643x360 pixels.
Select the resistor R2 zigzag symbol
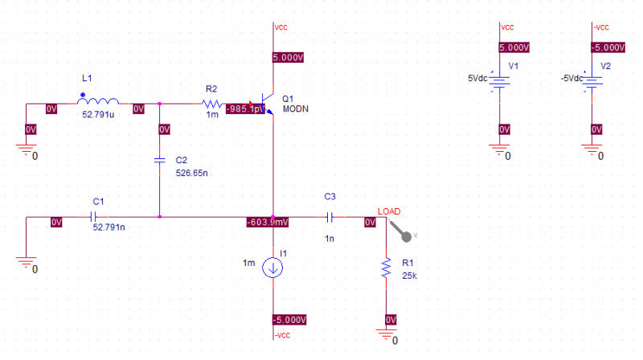pyautogui.click(x=211, y=104)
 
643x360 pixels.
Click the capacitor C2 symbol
pyautogui.click(x=160, y=160)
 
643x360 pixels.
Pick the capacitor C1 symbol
pyautogui.click(x=95, y=216)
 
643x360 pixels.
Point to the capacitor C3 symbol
pyautogui.click(x=330, y=216)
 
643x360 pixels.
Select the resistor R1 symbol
pyautogui.click(x=387, y=268)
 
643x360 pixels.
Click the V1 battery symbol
pyautogui.click(x=501, y=81)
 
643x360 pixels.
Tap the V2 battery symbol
pyautogui.click(x=592, y=81)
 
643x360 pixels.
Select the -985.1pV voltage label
pyautogui.click(x=245, y=108)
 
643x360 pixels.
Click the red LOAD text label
pyautogui.click(x=388, y=211)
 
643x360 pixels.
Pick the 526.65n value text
pyautogui.click(x=191, y=172)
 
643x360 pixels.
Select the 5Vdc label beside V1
pyautogui.click(x=477, y=78)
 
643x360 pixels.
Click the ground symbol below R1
pyautogui.click(x=387, y=334)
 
